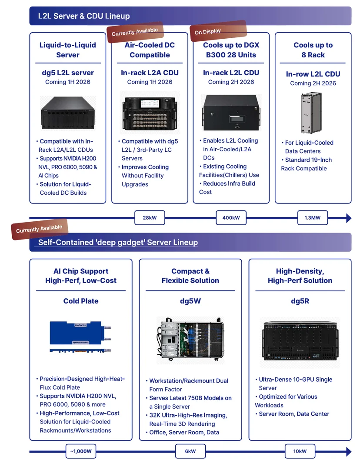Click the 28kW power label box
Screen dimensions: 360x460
pos(150,218)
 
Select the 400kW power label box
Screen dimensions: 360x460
pos(231,218)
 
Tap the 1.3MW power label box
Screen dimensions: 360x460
pos(313,218)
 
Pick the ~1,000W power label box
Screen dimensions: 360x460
pos(81,451)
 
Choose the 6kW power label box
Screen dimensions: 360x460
pos(190,451)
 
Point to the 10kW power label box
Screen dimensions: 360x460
pos(300,451)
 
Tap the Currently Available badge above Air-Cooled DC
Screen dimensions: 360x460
pos(135,32)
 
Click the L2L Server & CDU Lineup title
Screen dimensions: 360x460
pos(84,16)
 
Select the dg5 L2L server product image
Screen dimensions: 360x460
pos(68,113)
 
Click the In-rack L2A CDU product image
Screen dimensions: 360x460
pos(150,113)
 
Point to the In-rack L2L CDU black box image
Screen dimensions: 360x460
pos(231,112)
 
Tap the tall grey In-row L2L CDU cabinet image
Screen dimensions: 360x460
pos(311,113)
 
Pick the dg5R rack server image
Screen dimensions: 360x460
pos(300,342)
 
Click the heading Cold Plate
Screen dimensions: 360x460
pos(81,301)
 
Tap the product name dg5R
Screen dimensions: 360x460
pos(300,301)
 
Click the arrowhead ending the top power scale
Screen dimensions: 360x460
pos(349,218)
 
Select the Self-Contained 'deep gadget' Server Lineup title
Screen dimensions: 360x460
pos(118,242)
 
